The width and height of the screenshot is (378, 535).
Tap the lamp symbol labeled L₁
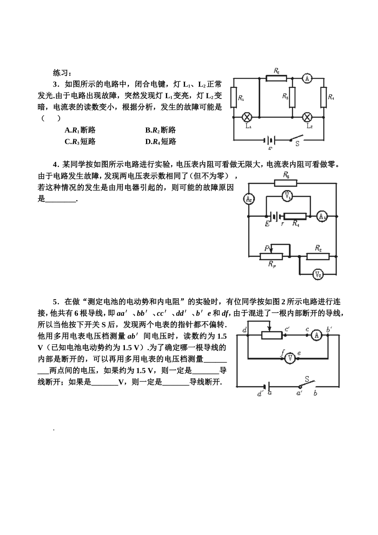tap(247, 117)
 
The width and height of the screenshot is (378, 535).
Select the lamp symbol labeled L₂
tap(307, 117)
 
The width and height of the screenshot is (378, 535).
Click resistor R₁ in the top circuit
tap(234, 97)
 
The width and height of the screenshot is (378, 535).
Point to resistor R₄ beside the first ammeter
tap(323, 97)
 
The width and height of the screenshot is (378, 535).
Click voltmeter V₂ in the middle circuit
tap(318, 274)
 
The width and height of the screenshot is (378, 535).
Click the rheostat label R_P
tap(273, 264)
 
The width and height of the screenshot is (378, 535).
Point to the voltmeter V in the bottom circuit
tap(290, 358)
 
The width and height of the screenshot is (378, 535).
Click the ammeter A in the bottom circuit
tap(316, 335)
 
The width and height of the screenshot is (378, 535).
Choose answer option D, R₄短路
tap(161, 142)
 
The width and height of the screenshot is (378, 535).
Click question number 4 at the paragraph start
tap(55, 164)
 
